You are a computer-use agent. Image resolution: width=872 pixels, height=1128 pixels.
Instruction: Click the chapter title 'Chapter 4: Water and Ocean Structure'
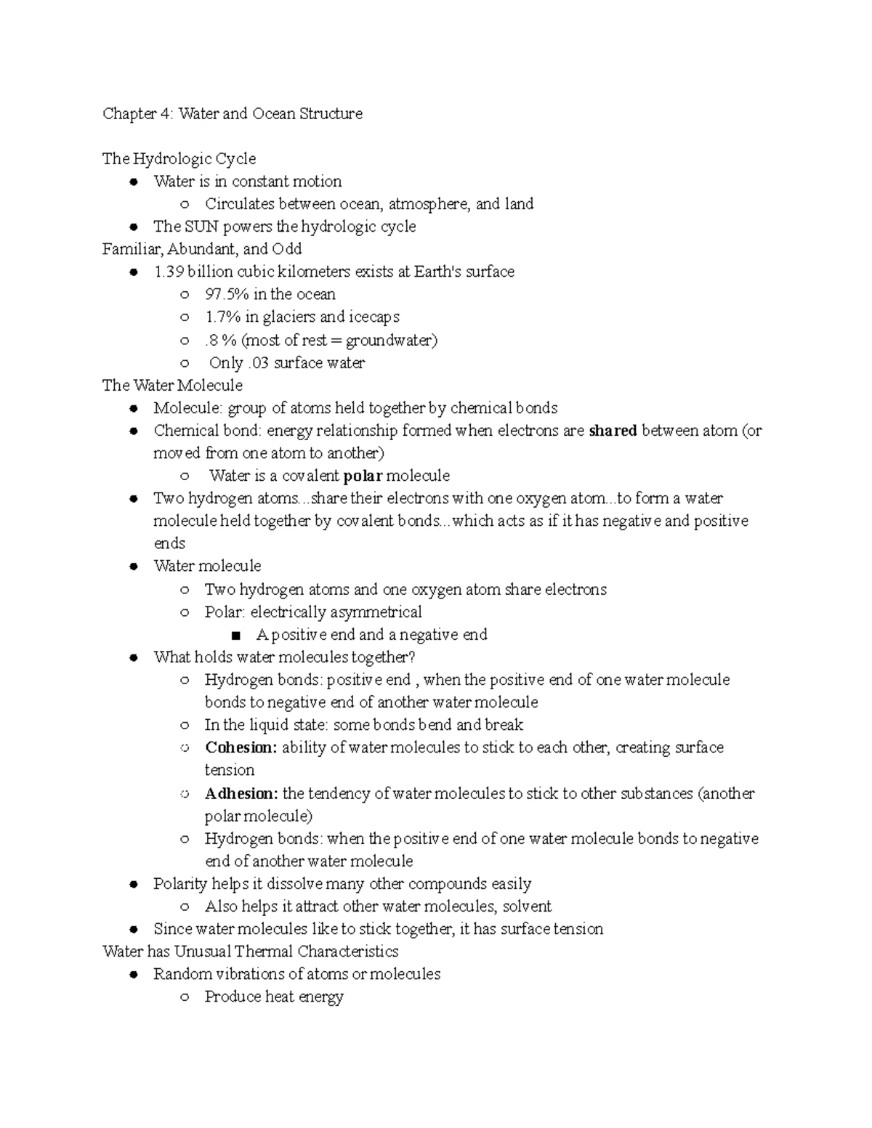pyautogui.click(x=232, y=113)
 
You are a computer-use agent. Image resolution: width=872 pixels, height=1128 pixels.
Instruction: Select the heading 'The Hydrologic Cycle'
pyautogui.click(x=179, y=158)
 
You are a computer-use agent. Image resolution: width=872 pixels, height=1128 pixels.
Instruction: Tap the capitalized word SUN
pyautogui.click(x=201, y=226)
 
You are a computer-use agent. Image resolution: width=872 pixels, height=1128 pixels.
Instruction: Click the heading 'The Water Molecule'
pyautogui.click(x=172, y=385)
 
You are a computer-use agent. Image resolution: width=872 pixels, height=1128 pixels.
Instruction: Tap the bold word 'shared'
pyautogui.click(x=613, y=431)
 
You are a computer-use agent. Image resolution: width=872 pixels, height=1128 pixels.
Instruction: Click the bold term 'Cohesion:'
pyautogui.click(x=241, y=747)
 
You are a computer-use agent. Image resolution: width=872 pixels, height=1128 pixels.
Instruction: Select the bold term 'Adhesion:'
pyautogui.click(x=241, y=793)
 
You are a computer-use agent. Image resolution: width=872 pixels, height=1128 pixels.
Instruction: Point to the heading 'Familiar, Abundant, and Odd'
pyautogui.click(x=202, y=249)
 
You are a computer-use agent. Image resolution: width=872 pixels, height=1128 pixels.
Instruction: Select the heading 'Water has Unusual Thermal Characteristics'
pyautogui.click(x=251, y=952)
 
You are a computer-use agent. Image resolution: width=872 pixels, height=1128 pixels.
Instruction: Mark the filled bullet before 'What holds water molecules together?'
pyautogui.click(x=133, y=658)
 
